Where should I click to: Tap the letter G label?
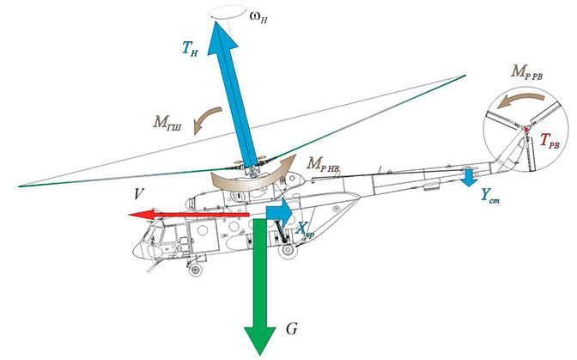pyautogui.click(x=292, y=329)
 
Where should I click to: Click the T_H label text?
pyautogui.click(x=190, y=51)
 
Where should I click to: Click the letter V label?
pyautogui.click(x=137, y=194)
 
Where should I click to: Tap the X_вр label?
pyautogui.click(x=306, y=229)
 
